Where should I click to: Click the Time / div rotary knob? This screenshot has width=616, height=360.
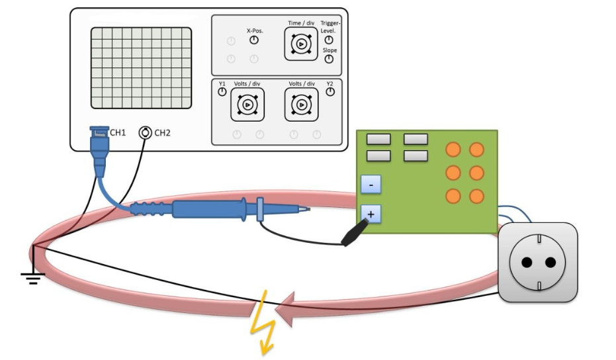tap(300, 44)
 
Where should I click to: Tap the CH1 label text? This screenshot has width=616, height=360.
tap(118, 133)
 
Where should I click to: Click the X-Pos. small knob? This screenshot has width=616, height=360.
tap(254, 40)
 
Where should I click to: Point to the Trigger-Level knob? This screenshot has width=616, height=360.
tap(329, 40)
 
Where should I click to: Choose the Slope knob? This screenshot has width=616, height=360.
tap(329, 60)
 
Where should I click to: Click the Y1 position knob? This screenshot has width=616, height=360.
tap(222, 92)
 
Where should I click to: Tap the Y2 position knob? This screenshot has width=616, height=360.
tap(330, 92)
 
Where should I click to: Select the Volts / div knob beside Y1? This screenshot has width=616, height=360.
tap(247, 105)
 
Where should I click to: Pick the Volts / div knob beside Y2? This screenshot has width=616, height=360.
tap(302, 105)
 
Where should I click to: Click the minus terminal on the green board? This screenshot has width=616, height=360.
tap(371, 184)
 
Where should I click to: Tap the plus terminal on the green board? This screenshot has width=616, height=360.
tap(371, 214)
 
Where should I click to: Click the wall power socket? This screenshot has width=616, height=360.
tap(537, 262)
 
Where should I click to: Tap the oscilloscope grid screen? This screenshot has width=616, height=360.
tap(141, 67)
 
